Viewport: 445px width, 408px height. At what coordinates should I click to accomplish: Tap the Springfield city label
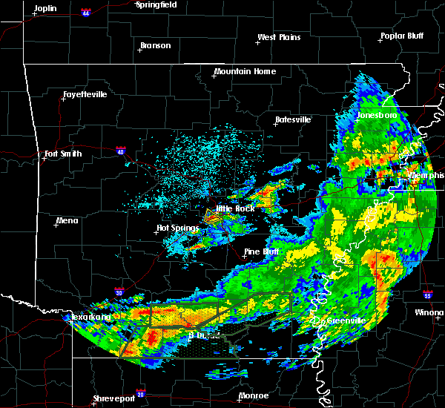tap(156, 4)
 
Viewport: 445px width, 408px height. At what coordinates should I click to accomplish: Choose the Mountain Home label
tap(245, 72)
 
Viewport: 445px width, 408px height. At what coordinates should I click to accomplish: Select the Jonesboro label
tap(376, 116)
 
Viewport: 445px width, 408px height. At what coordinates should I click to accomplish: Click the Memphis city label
tap(426, 174)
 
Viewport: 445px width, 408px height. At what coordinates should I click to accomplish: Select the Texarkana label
tap(90, 317)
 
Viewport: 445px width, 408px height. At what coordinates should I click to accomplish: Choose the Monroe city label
tap(254, 395)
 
